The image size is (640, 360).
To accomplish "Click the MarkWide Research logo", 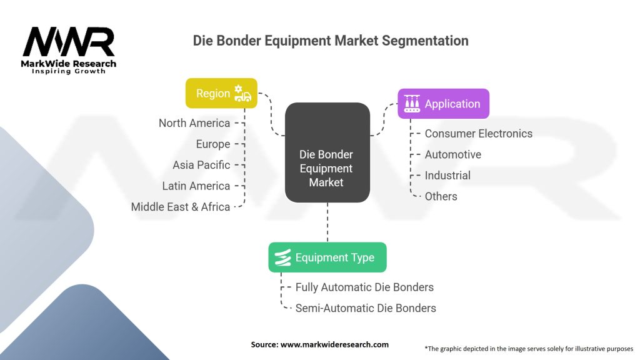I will pos(69,50).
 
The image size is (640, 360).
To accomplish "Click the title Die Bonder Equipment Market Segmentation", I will pos(331,41).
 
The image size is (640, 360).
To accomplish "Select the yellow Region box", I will pos(221,93).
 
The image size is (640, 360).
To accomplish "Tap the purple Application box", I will pos(443,104).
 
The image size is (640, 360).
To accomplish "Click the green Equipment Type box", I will pos(327,257).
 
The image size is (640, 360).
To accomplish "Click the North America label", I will pos(194,123).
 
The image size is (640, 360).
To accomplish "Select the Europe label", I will pos(212,144).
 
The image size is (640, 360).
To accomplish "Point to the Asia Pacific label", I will pos(201,165).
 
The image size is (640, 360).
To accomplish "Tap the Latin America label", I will pos(196,186).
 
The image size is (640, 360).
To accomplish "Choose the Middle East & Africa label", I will pos(181,207).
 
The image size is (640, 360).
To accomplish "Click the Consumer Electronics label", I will pos(478,134).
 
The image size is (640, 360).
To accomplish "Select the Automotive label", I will pos(452,154).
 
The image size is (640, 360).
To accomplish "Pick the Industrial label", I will pos(447,176).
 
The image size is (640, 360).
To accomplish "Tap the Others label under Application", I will pos(441,196).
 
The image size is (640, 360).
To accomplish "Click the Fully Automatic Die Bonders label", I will pos(364,287).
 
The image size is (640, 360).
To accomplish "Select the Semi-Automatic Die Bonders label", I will pos(366,308).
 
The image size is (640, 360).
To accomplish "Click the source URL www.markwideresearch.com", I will pos(320,344).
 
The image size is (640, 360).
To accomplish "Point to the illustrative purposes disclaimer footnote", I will pos(529,348).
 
